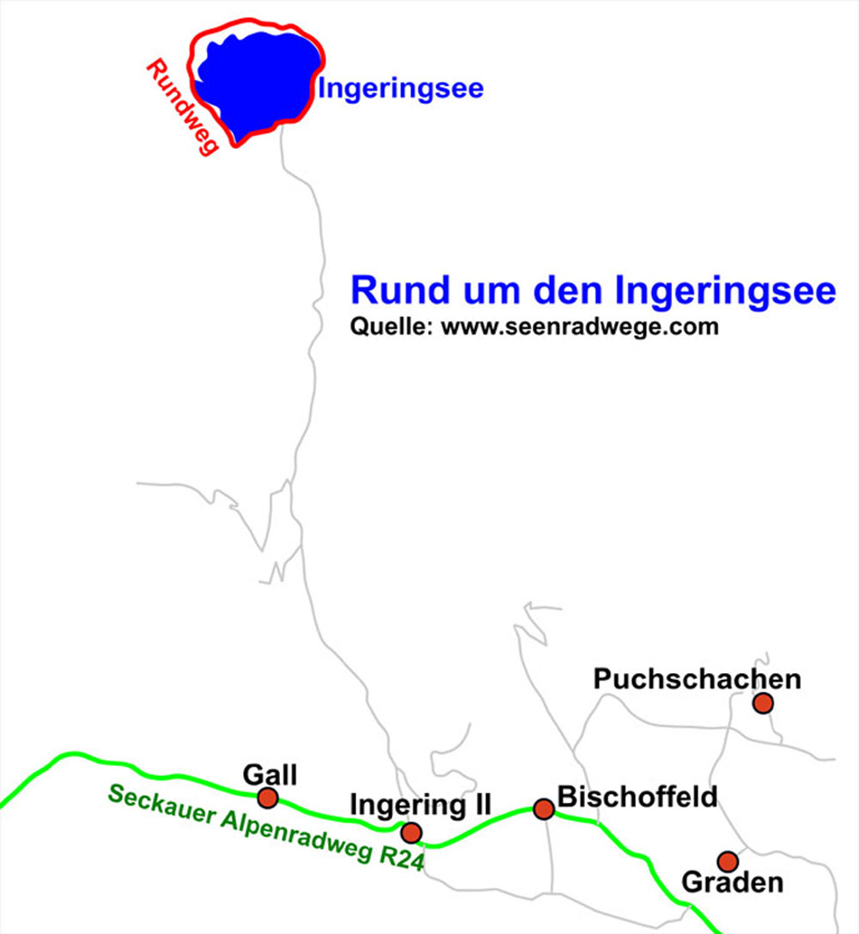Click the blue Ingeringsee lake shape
[258, 82]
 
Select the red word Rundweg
[180, 107]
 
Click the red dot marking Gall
[268, 798]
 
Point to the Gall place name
[269, 775]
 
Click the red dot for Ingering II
[411, 832]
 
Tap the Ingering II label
[420, 805]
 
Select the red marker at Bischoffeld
[544, 809]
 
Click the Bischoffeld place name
[637, 796]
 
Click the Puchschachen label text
[697, 679]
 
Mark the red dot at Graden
[728, 861]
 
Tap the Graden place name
[732, 882]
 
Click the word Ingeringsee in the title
[726, 290]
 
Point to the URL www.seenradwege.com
[580, 327]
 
